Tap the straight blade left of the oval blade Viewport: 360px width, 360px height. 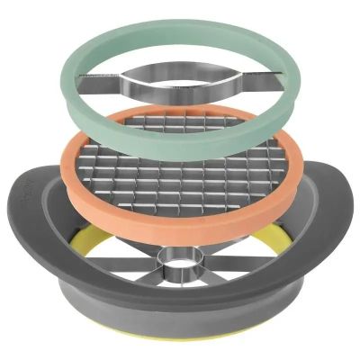pyautogui.click(x=103, y=86)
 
